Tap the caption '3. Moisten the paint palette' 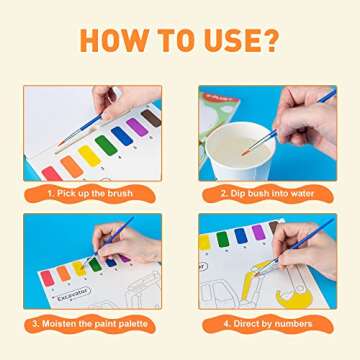tap(92, 323)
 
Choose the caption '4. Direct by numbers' tap(267, 323)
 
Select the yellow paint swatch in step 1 tap(89, 155)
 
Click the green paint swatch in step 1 tap(106, 146)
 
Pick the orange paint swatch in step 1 tap(71, 164)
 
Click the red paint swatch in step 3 tap(47, 277)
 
